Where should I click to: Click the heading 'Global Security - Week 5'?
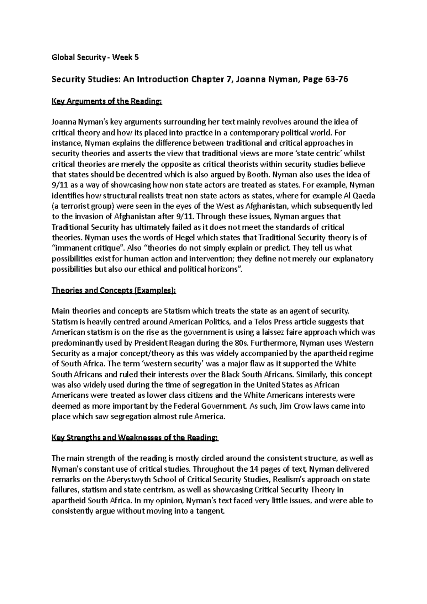(x=95, y=58)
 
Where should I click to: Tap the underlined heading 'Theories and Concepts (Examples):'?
(x=114, y=290)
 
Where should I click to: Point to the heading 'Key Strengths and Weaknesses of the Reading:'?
(x=135, y=438)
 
